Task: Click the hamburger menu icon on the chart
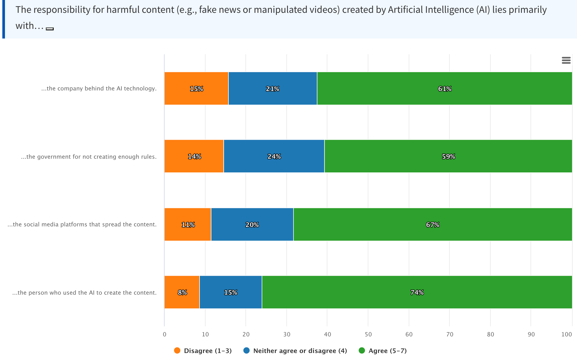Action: click(x=566, y=60)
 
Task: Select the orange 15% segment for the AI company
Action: click(x=196, y=88)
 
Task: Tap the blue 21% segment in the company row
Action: click(x=272, y=88)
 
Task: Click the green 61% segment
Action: click(x=444, y=88)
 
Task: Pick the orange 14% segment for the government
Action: click(x=194, y=156)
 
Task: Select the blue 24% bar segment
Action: click(x=274, y=156)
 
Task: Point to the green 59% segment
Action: click(x=448, y=156)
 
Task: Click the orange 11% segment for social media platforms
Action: click(x=188, y=224)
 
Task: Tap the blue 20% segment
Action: click(x=252, y=224)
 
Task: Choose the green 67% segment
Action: click(x=432, y=224)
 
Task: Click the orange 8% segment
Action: click(x=182, y=292)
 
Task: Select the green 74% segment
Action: click(x=417, y=292)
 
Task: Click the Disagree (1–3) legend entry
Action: click(x=203, y=351)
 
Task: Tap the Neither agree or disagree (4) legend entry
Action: click(x=295, y=351)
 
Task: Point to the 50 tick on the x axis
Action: click(x=368, y=334)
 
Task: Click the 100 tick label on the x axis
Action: click(x=566, y=334)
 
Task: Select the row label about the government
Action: click(x=89, y=157)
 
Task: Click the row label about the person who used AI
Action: click(x=84, y=293)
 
